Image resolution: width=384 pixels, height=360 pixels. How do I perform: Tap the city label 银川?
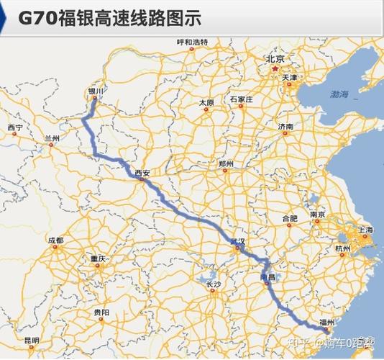96,91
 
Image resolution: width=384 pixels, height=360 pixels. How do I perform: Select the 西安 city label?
142,173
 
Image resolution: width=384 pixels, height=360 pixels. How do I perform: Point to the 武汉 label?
237,240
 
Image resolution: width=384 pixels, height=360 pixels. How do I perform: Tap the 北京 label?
275,59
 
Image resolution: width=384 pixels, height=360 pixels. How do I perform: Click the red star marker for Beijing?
275,69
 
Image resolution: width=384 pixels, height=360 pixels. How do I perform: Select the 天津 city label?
290,76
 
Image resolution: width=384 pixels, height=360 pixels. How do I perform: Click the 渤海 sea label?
339,94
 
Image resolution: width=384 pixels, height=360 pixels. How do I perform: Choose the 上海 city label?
365,230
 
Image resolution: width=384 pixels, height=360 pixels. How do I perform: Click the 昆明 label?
32,340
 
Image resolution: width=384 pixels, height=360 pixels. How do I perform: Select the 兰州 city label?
52,137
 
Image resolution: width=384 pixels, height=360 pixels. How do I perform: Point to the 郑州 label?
226,164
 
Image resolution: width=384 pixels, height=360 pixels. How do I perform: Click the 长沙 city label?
214,285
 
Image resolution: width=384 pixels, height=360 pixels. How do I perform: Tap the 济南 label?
285,127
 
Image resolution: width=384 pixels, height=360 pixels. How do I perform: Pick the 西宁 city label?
15,127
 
